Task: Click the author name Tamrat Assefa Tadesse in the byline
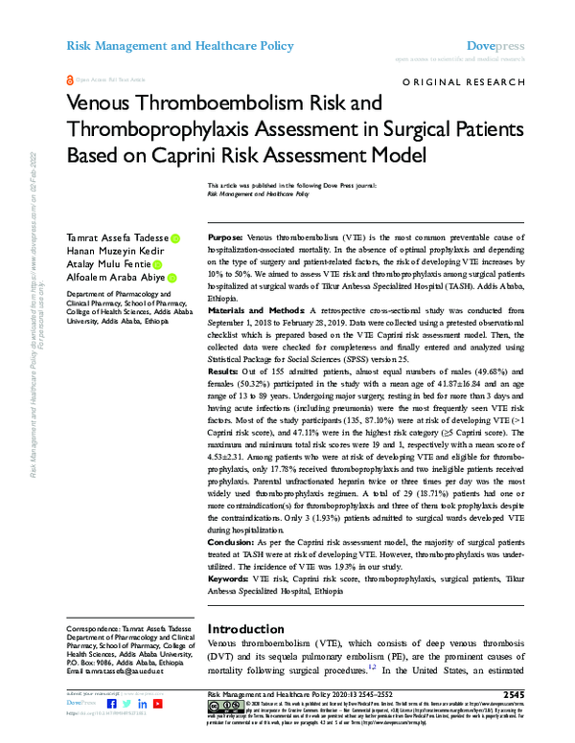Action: (x=116, y=237)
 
